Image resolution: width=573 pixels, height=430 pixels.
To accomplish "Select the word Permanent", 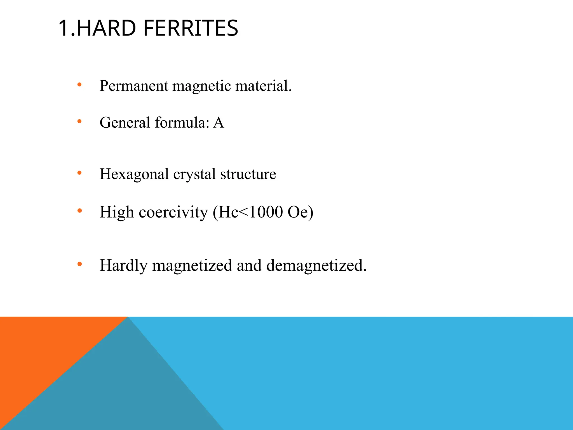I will click(134, 86).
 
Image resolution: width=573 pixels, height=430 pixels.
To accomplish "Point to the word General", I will click(125, 123).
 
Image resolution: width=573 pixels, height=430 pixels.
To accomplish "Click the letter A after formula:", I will click(219, 123).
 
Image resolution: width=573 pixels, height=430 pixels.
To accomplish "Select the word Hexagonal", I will click(134, 174).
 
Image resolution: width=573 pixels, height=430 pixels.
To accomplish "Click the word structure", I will click(248, 174).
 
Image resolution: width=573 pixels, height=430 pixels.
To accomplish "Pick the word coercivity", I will click(173, 212).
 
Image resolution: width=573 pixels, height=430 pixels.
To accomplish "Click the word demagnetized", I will click(316, 265).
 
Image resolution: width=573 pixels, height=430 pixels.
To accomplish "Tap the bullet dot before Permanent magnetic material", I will click(79, 84).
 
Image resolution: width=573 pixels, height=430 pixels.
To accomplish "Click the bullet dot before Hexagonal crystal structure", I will click(79, 173).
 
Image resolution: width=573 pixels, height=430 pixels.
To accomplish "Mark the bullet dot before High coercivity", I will click(79, 211).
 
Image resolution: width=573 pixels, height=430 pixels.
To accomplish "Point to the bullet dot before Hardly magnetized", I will click(79, 264).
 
